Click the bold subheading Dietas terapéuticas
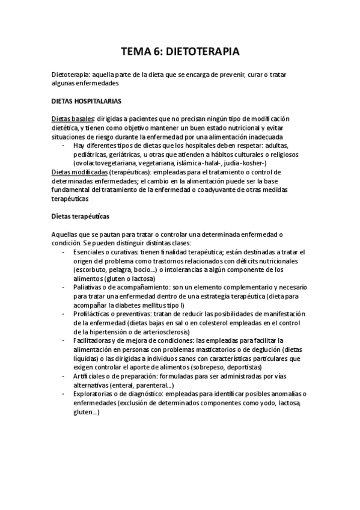click(x=81, y=215)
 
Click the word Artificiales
click(x=90, y=375)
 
